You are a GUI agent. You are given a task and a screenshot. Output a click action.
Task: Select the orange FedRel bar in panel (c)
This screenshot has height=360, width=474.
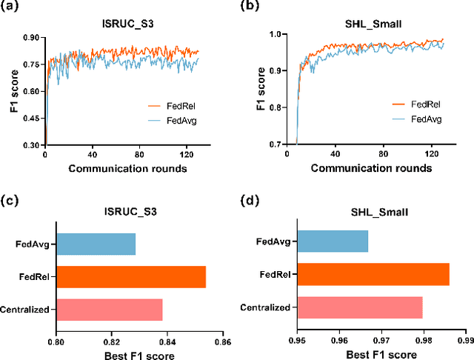click(x=131, y=276)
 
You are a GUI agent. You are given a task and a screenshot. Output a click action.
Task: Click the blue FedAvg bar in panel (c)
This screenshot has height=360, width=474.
click(x=96, y=244)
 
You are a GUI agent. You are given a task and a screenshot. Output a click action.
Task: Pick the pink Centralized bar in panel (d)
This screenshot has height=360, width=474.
click(x=359, y=307)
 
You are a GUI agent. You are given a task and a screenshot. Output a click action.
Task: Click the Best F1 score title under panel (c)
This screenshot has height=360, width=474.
click(x=139, y=355)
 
